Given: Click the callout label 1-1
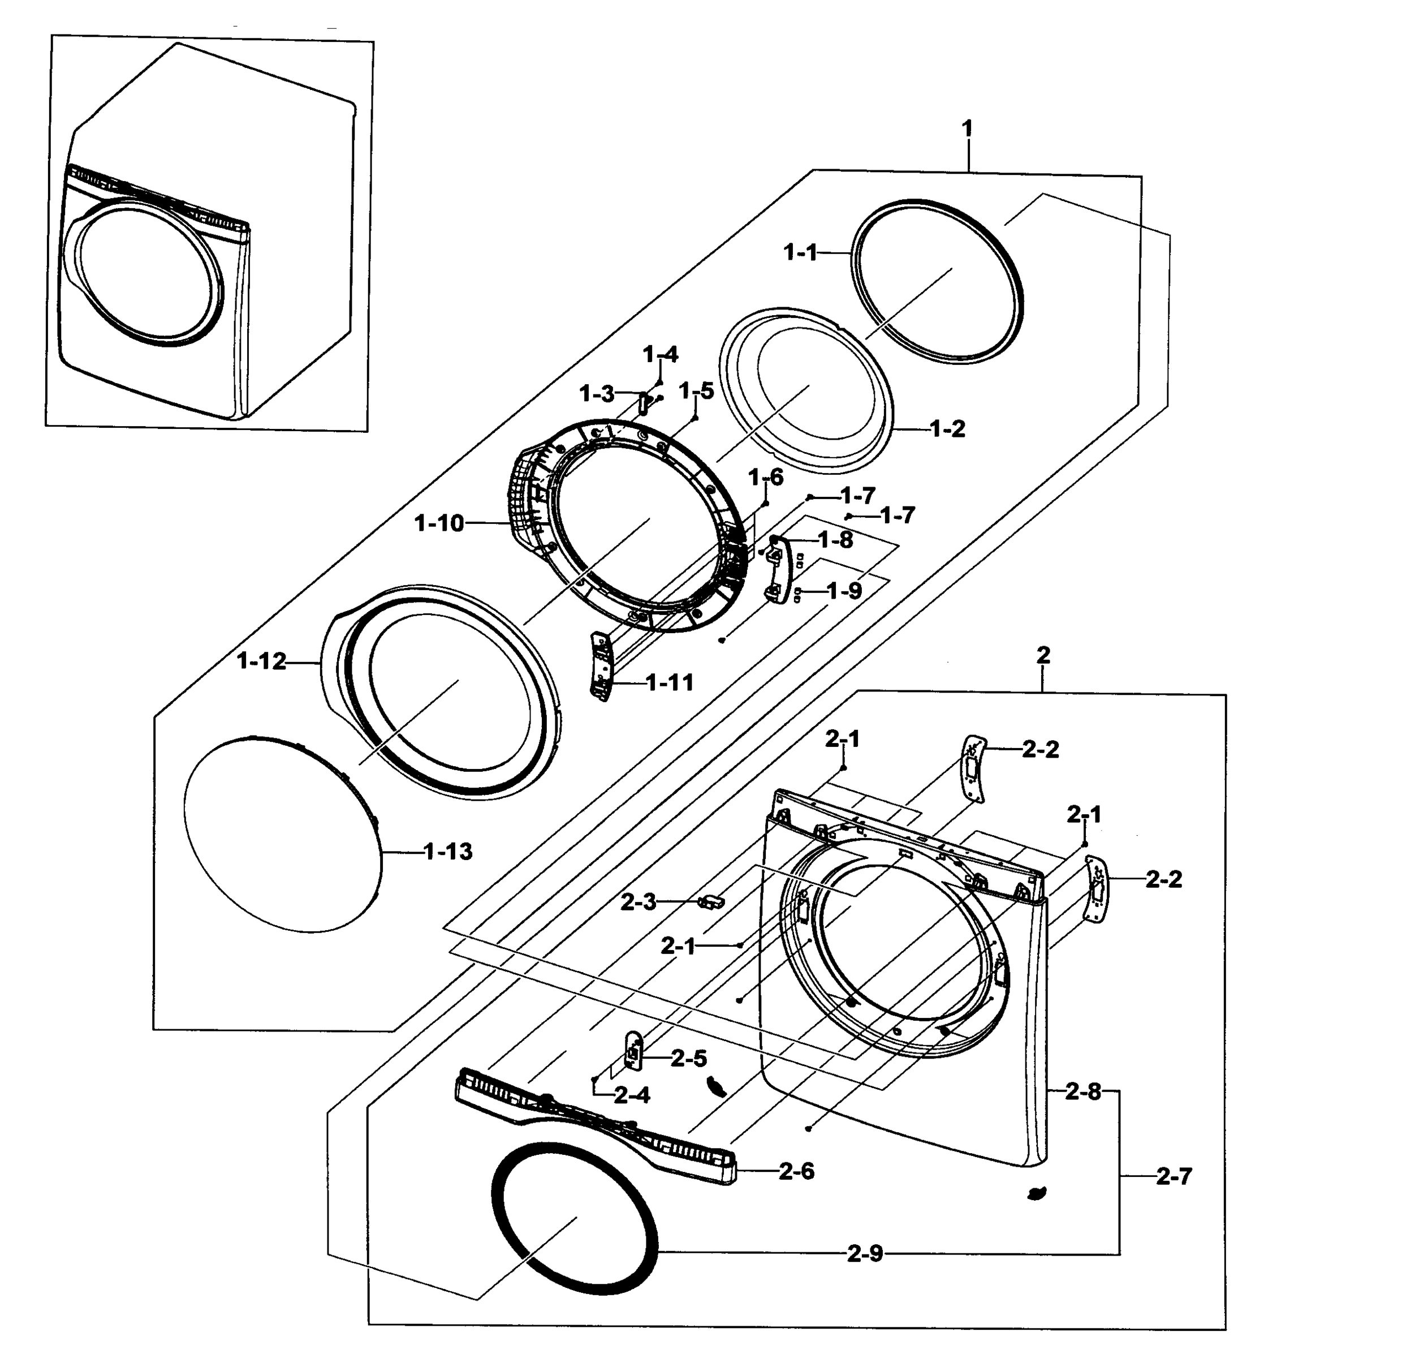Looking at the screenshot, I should pos(800,252).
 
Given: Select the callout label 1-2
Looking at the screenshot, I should pos(948,429).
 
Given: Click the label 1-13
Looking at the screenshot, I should pos(448,852).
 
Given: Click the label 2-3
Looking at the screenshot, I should pos(638,903).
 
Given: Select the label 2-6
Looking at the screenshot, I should pos(797,1172).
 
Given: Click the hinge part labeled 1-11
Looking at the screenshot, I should pos(601,665).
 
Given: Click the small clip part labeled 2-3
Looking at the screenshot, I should pos(710,901).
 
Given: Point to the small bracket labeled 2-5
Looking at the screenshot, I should pos(633,1050).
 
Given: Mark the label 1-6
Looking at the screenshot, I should pos(766,477).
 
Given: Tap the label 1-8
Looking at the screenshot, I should pos(835,540).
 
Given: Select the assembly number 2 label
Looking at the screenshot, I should pos(1043,655).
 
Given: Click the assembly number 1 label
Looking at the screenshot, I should pos(967,130).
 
